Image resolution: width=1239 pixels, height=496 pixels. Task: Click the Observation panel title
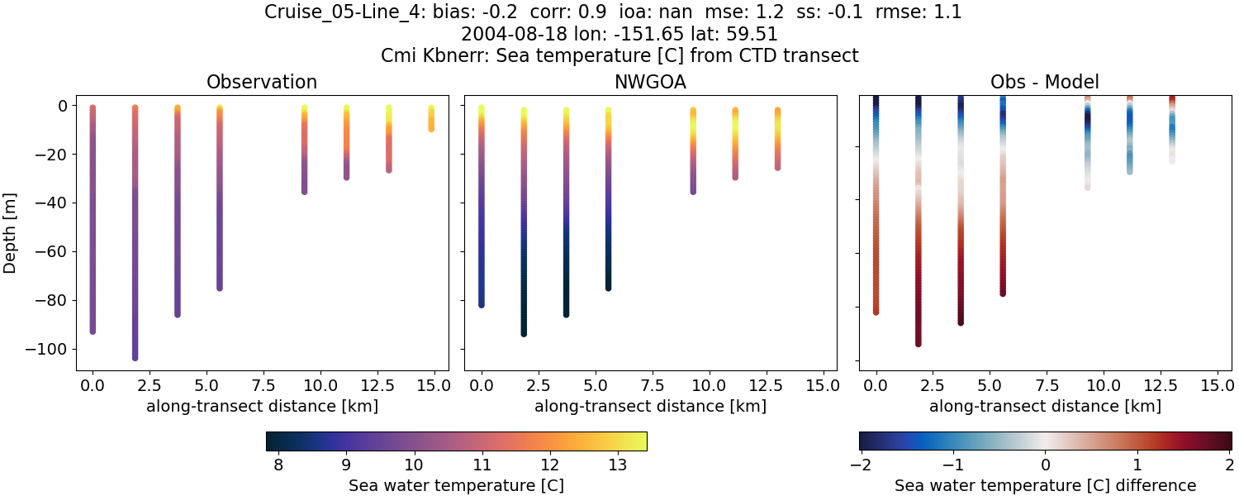(x=262, y=82)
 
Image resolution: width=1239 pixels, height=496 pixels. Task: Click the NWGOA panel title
(x=650, y=82)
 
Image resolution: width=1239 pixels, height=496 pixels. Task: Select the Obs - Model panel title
(x=1045, y=82)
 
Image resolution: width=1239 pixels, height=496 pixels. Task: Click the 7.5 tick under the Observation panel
(x=263, y=384)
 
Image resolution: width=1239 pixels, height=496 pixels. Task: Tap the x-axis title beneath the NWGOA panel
(x=650, y=406)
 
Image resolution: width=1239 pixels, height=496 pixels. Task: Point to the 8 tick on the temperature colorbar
(x=278, y=465)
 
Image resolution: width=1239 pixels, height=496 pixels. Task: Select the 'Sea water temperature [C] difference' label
(x=1045, y=485)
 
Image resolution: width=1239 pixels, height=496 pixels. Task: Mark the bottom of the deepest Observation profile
(x=135, y=357)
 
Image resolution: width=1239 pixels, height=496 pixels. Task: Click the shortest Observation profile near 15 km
(x=431, y=118)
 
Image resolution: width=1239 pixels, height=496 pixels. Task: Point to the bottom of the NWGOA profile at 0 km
(x=482, y=304)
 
